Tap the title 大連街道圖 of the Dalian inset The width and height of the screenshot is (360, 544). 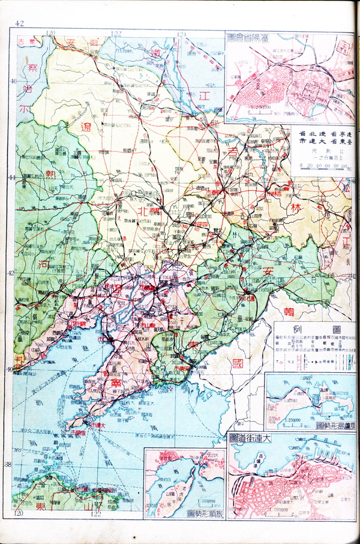(250, 439)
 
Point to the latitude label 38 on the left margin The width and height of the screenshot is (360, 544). (8, 464)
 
